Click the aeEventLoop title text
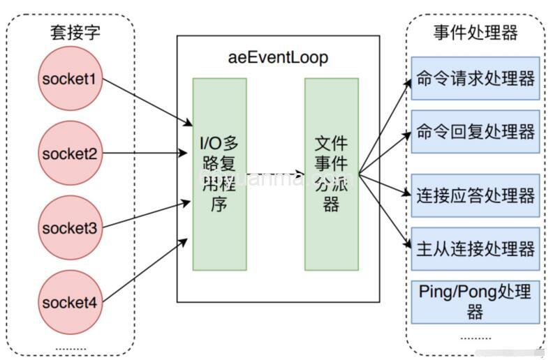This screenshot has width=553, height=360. (278, 57)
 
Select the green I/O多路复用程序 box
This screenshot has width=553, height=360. (219, 174)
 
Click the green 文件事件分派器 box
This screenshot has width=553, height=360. (331, 174)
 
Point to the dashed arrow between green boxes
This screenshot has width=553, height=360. (275, 174)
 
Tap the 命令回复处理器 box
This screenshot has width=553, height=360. (475, 132)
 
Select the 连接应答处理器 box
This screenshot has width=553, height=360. (475, 195)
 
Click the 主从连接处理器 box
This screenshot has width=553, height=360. (475, 248)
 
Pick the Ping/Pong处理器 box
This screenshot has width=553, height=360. (475, 301)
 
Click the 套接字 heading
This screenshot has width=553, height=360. (70, 32)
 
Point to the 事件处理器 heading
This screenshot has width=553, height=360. (475, 32)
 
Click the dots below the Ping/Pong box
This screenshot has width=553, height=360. (475, 338)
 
